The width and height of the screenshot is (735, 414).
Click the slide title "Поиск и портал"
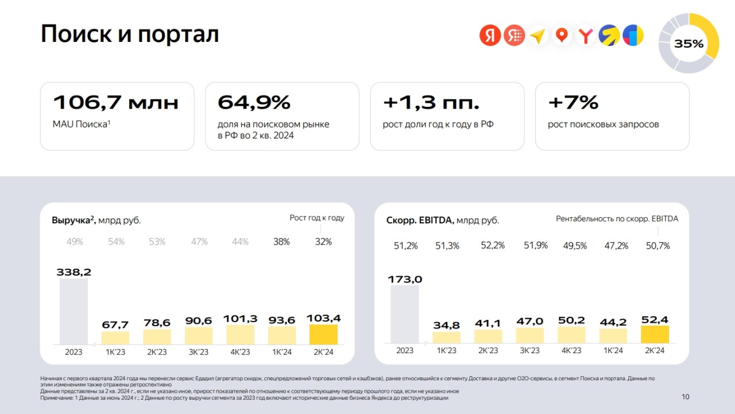point(130,34)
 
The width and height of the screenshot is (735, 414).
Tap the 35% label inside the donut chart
point(688,44)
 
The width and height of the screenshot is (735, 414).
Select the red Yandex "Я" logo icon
point(490,36)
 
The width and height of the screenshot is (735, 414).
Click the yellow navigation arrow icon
point(537,36)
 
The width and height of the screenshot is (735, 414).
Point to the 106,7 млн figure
point(115,103)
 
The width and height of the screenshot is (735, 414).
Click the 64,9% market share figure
point(254,103)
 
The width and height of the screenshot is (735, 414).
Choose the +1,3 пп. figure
point(431,103)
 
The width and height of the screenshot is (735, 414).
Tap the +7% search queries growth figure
point(573,103)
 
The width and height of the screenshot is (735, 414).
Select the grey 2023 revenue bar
point(74,311)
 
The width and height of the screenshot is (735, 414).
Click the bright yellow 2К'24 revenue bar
point(323,334)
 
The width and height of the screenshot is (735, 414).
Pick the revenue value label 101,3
point(240,319)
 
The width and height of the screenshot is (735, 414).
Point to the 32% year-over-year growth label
point(323,242)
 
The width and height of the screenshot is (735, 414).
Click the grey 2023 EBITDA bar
point(405,314)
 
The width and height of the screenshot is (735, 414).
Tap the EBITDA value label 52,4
point(655,320)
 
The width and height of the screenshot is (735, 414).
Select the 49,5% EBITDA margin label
point(575,246)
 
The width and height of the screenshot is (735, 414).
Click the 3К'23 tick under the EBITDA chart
point(530,350)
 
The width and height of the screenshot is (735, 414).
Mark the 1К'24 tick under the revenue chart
point(282,352)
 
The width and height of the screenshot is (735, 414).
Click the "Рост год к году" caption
point(317,218)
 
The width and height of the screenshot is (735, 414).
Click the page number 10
point(685,397)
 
